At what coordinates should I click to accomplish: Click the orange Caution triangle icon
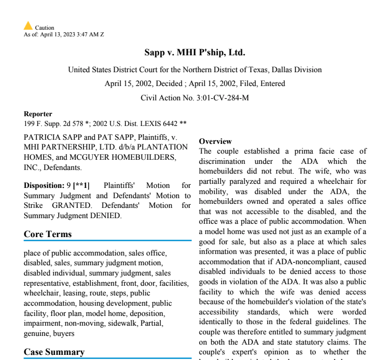28,26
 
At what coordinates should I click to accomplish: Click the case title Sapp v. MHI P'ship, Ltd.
195,53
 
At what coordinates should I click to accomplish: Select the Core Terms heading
48,235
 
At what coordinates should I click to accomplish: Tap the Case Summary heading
54,352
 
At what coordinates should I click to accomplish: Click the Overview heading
215,141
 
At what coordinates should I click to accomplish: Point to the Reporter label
38,114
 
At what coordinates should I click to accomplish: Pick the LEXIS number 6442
167,123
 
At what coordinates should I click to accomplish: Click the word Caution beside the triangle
45,28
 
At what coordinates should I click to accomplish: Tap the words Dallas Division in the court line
296,70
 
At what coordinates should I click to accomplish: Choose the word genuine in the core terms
36,333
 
